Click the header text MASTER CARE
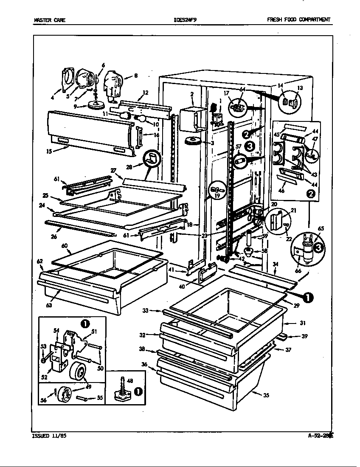(x=49, y=20)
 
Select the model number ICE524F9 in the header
(x=186, y=20)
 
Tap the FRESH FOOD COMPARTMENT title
(x=298, y=20)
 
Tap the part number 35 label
(x=266, y=395)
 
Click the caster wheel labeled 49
(x=78, y=372)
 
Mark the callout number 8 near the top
(x=135, y=76)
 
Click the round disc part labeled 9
(x=97, y=104)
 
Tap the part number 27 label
(x=113, y=170)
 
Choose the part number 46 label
(x=281, y=192)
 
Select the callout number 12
(x=145, y=92)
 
